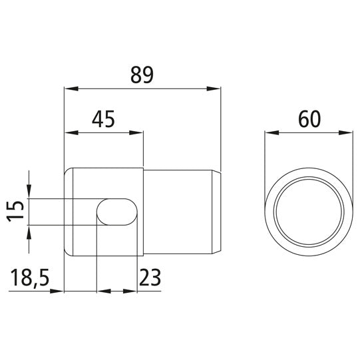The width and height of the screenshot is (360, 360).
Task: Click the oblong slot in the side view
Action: pos(118,211)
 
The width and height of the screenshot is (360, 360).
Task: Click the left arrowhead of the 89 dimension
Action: pos(69,88)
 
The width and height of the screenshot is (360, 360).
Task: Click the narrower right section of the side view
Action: pos(180,212)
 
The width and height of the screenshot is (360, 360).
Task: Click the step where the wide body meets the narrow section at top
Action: pos(144,168)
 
